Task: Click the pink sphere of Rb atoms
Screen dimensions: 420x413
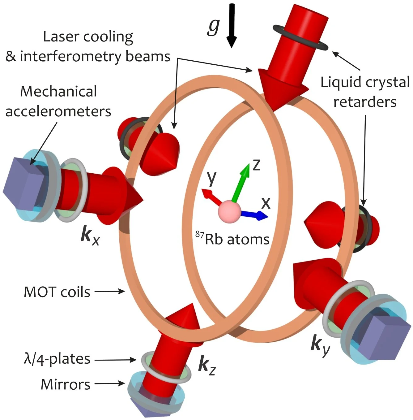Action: (229, 211)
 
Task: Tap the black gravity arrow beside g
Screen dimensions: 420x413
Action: (232, 25)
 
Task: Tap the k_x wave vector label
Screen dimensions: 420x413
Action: (90, 236)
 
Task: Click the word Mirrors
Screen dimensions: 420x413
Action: (66, 384)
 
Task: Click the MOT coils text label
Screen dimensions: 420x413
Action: (57, 292)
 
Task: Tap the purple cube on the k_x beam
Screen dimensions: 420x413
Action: (23, 183)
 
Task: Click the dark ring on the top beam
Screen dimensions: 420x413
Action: (300, 39)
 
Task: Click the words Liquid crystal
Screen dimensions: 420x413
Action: (365, 82)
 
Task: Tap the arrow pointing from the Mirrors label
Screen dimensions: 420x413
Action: (110, 384)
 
